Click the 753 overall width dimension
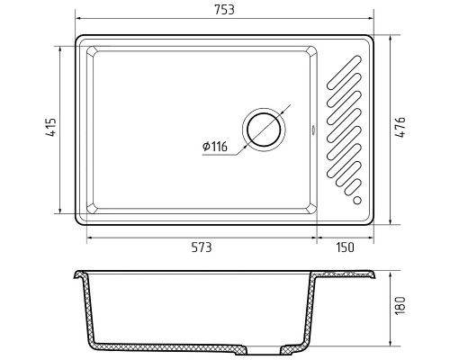[x=224, y=10]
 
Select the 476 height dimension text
[x=400, y=127]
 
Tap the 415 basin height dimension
[x=51, y=127]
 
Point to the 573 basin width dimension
[x=202, y=247]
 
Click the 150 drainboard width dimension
[x=345, y=247]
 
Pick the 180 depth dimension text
[x=400, y=306]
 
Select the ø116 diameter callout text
[x=215, y=147]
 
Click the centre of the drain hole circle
[x=264, y=130]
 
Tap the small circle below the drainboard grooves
[x=357, y=200]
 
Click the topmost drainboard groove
[x=344, y=73]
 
